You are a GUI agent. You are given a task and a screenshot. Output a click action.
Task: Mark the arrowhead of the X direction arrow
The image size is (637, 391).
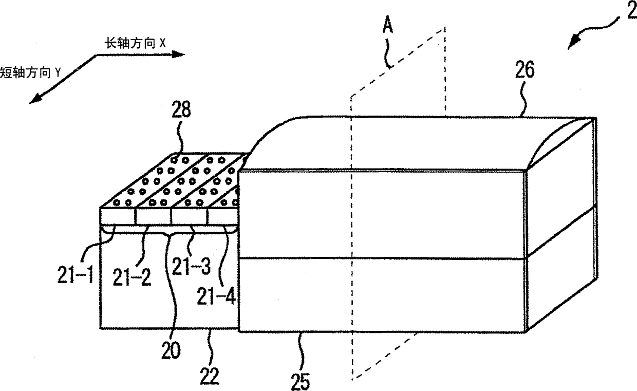pyautogui.click(x=180, y=54)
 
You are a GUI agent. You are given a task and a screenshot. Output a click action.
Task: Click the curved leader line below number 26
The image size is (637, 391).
pyautogui.click(x=522, y=100)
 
